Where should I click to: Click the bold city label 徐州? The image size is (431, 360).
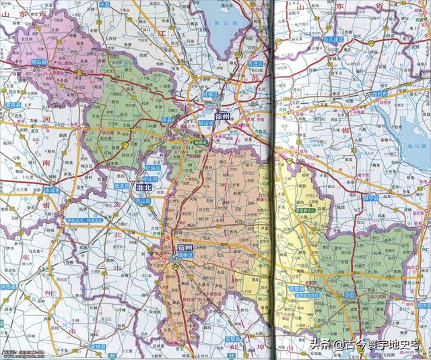[x=222, y=117]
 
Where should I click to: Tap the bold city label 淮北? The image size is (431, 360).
[x=143, y=187]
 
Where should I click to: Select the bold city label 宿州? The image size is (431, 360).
[x=184, y=247]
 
